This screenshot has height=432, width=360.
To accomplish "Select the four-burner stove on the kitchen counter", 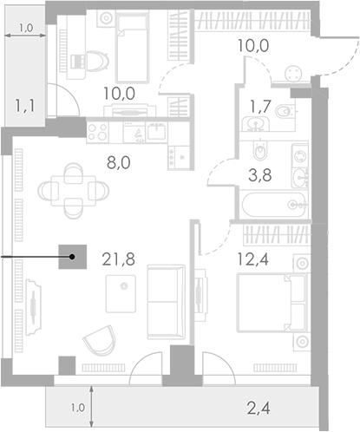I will coord(98,132).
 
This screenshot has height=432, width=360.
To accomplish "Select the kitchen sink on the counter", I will coord(156,132).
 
